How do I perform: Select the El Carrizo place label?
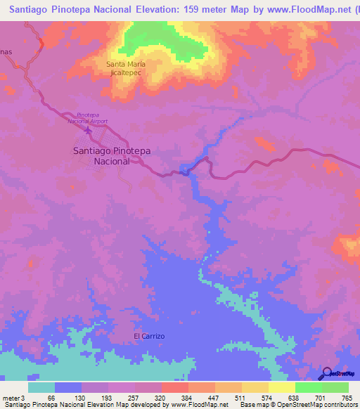(x=149, y=336)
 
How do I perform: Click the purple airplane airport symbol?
(x=87, y=130)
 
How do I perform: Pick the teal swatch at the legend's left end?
(x=41, y=387)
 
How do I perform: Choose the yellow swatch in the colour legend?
(x=282, y=387)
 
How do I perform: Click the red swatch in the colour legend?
(x=175, y=387)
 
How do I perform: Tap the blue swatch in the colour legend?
(x=68, y=387)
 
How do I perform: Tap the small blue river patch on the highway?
(x=185, y=170)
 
